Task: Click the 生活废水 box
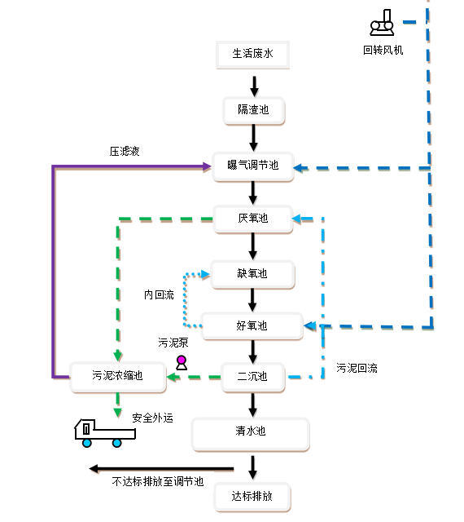point(252,55)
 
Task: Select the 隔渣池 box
point(254,111)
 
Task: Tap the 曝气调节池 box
point(253,166)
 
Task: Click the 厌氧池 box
point(253,219)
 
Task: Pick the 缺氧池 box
point(252,274)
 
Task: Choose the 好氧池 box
point(252,326)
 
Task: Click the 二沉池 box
point(253,377)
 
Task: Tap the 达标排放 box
point(252,497)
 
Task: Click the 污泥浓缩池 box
point(118,377)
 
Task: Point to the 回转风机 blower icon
point(383,23)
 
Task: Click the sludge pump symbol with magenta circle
point(182,363)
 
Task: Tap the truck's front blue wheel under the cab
point(87,443)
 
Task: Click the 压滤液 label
point(125,152)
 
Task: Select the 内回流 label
point(159,294)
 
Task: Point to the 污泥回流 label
point(357,368)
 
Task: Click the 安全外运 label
point(152,418)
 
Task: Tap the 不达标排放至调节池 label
point(158,481)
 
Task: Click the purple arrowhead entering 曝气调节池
point(207,166)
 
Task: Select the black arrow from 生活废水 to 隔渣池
point(254,86)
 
